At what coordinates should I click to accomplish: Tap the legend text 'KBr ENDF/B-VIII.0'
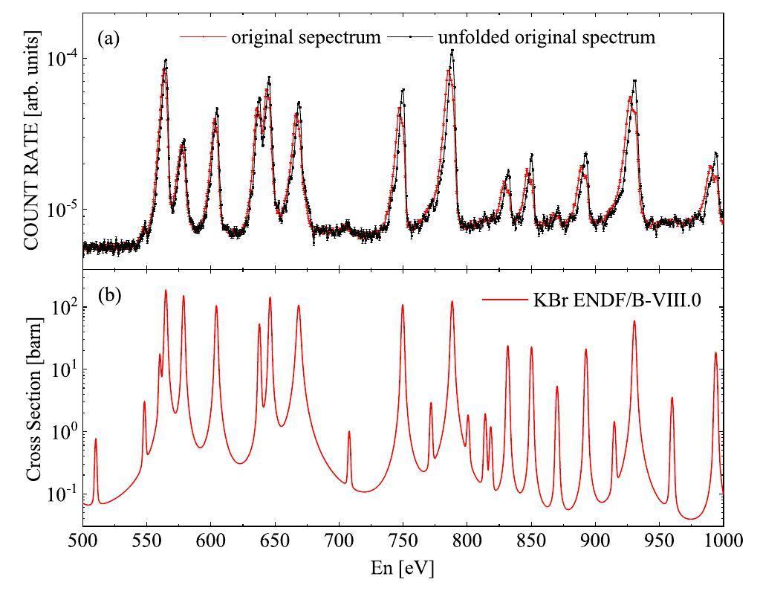pos(617,300)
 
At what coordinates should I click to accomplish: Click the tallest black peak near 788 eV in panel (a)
pos(452,51)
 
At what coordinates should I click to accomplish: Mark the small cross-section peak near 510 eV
pos(95,440)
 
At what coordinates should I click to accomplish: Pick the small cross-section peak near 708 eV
pos(349,432)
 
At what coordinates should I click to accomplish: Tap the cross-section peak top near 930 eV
pos(634,321)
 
